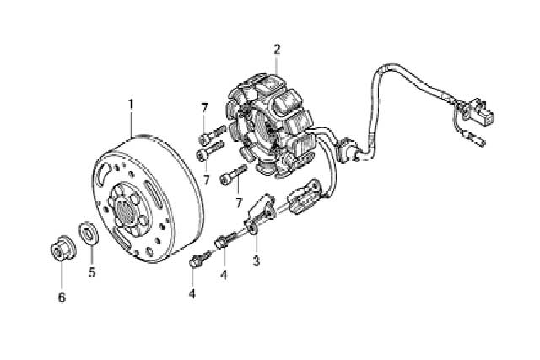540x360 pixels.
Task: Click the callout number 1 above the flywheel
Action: pyautogui.click(x=131, y=104)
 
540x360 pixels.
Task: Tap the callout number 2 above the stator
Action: pyautogui.click(x=277, y=50)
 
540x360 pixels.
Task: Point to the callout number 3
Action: pyautogui.click(x=256, y=261)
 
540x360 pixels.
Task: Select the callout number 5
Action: pyautogui.click(x=92, y=271)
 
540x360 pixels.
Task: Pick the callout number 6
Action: pyautogui.click(x=62, y=297)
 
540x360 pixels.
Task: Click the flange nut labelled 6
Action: pyautogui.click(x=63, y=247)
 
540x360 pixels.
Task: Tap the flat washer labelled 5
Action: pyautogui.click(x=89, y=234)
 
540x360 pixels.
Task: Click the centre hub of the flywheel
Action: pyautogui.click(x=126, y=210)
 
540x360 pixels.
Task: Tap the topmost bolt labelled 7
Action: pyautogui.click(x=213, y=135)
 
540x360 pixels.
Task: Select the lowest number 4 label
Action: pyautogui.click(x=192, y=293)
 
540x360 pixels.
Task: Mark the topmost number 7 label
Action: pyautogui.click(x=205, y=108)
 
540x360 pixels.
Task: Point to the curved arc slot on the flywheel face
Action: pyautogui.click(x=104, y=173)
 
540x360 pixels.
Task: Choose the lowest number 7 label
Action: pyautogui.click(x=239, y=202)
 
